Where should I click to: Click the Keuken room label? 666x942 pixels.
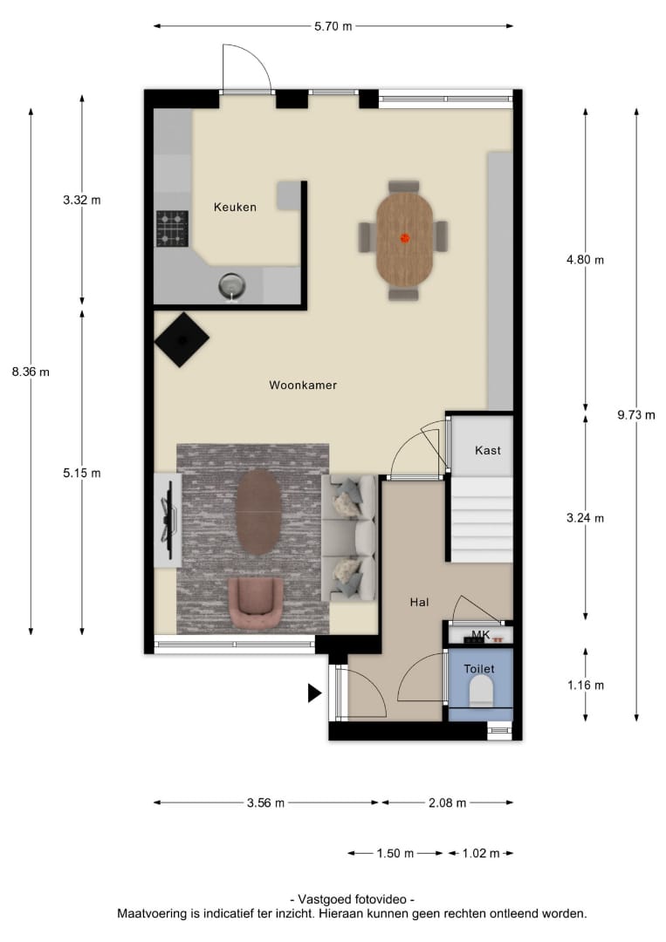[x=235, y=208]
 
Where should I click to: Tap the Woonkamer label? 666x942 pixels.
[x=303, y=386]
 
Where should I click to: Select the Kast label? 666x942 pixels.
[x=487, y=450]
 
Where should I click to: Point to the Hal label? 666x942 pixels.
[x=419, y=602]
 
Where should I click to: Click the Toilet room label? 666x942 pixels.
[x=479, y=669]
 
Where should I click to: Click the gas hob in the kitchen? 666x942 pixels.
[x=173, y=229]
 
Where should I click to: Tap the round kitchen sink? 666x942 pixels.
[x=232, y=285]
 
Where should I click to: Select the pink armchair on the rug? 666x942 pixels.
[x=256, y=603]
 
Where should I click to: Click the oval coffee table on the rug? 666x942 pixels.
[x=258, y=512]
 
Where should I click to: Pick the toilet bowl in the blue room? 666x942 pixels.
[x=481, y=690]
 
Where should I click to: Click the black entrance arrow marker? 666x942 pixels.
[x=314, y=693]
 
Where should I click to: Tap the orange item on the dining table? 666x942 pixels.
[x=405, y=238]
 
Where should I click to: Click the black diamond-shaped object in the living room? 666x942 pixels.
[x=182, y=339]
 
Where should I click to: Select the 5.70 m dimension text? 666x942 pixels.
[x=333, y=26]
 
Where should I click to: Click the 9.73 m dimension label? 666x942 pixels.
[x=636, y=415]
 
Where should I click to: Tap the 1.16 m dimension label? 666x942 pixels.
[x=586, y=686]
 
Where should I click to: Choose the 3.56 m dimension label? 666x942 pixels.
[x=265, y=803]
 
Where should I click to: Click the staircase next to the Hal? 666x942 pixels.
[x=482, y=520]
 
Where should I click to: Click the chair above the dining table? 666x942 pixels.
[x=404, y=187]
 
